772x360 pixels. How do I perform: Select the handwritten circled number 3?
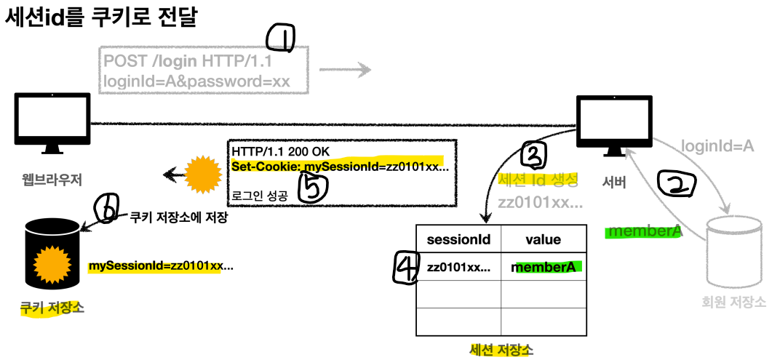pos(534,156)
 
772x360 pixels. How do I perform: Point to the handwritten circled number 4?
pos(405,268)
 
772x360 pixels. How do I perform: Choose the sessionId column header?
pos(458,239)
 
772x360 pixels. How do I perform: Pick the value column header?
pos(543,239)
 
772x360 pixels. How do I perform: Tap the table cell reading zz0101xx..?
pos(458,267)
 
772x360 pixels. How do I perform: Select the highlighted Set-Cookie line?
pos(340,167)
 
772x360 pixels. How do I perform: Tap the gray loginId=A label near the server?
pos(717,146)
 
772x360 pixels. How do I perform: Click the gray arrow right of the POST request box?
pos(344,71)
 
